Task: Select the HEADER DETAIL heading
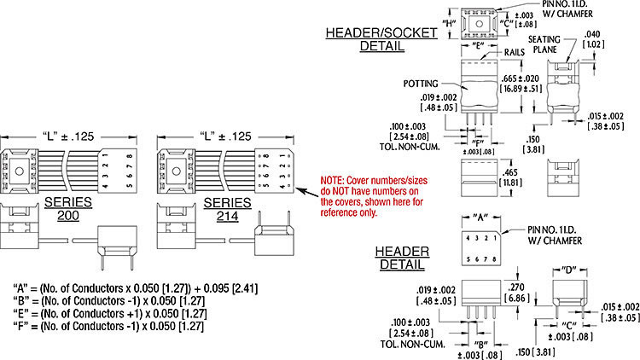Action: pos(402,258)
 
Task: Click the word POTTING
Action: pos(422,84)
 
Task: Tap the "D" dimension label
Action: pos(565,270)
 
